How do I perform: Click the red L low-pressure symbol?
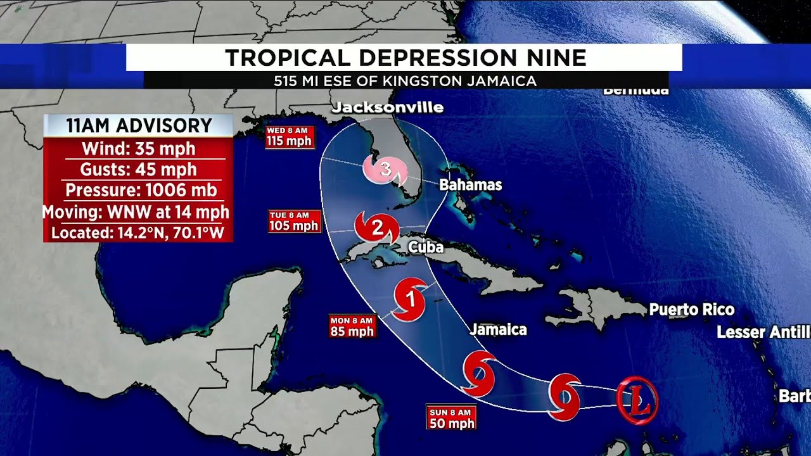pyautogui.click(x=637, y=399)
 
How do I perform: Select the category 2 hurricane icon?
pyautogui.click(x=377, y=227)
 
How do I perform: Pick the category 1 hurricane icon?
pyautogui.click(x=410, y=298)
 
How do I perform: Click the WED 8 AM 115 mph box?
pyautogui.click(x=290, y=137)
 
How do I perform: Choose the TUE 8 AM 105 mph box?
pyautogui.click(x=293, y=222)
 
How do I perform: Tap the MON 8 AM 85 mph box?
pyautogui.click(x=352, y=326)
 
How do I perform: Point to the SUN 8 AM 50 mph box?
pyautogui.click(x=451, y=419)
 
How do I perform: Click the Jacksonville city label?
pyautogui.click(x=387, y=107)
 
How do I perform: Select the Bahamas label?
pyautogui.click(x=471, y=185)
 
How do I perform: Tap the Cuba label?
pyautogui.click(x=425, y=247)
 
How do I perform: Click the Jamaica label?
pyautogui.click(x=498, y=329)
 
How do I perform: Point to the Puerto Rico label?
pyautogui.click(x=691, y=310)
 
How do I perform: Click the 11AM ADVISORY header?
pyautogui.click(x=139, y=125)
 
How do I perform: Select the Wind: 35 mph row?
pyautogui.click(x=138, y=149)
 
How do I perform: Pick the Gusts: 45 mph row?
pyautogui.click(x=138, y=169)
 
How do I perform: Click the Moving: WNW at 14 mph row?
pyautogui.click(x=136, y=212)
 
